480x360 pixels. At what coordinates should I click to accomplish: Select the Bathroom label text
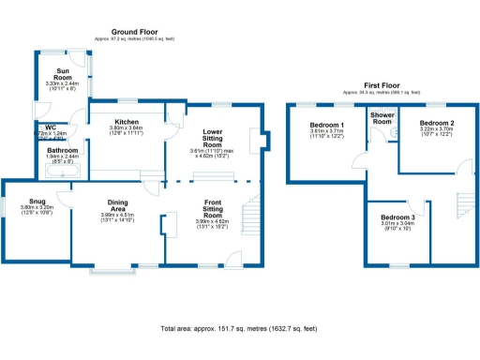(x=63, y=149)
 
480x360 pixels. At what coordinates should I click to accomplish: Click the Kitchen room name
(x=127, y=121)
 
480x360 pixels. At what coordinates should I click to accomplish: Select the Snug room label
(x=37, y=201)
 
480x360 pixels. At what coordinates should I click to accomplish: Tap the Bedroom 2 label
(x=437, y=124)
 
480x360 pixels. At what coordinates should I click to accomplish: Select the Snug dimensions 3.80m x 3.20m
(x=37, y=207)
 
